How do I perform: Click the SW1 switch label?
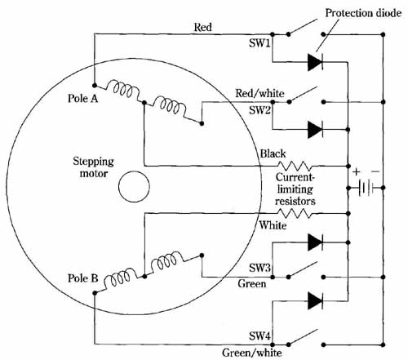click(x=259, y=43)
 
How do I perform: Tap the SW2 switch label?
click(x=259, y=110)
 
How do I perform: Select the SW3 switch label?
click(x=259, y=268)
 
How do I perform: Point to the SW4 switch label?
click(x=259, y=336)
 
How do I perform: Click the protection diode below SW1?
click(x=315, y=62)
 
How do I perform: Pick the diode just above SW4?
click(x=315, y=301)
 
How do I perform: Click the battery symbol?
click(x=366, y=188)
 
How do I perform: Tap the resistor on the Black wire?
click(x=295, y=166)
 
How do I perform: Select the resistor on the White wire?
click(x=295, y=213)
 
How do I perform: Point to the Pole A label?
click(x=82, y=98)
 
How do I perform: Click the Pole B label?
click(x=82, y=278)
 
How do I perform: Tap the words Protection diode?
click(x=363, y=13)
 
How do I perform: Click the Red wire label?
click(x=202, y=27)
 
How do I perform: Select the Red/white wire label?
click(x=259, y=93)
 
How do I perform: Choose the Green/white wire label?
click(x=252, y=353)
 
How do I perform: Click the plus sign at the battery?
click(x=357, y=171)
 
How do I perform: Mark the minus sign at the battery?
click(x=375, y=171)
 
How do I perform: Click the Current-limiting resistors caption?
click(x=295, y=189)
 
